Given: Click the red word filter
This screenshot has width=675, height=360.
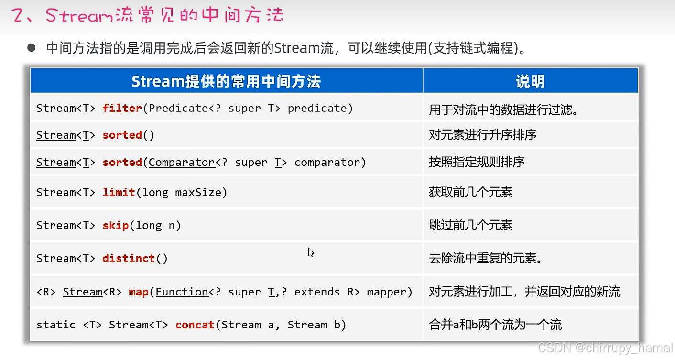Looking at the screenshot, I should [x=122, y=108].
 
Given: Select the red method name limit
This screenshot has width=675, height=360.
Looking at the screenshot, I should [x=119, y=192].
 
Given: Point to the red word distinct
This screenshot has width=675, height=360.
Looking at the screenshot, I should [x=129, y=258].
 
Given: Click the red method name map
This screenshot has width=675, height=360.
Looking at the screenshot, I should [x=138, y=292].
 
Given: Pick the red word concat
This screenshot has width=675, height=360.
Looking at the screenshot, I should [x=195, y=325].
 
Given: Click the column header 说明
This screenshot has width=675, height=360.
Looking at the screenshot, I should [x=530, y=82].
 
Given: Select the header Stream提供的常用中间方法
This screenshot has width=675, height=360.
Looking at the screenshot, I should [x=226, y=82].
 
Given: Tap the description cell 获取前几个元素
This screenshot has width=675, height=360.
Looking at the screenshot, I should [x=470, y=192].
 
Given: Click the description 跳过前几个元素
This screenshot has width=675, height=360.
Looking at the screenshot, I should [x=470, y=225].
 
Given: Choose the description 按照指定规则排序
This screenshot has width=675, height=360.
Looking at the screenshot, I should [x=477, y=162].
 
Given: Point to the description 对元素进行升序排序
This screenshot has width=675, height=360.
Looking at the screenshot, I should [x=483, y=135].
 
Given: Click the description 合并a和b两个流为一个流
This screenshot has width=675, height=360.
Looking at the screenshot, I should [x=495, y=325].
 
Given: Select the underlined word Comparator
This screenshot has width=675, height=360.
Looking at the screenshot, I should [x=182, y=163].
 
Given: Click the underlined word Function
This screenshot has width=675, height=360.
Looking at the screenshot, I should [x=182, y=292].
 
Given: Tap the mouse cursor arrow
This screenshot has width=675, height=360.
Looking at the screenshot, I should [x=311, y=252].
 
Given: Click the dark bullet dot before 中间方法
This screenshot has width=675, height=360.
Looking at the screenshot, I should [x=32, y=48].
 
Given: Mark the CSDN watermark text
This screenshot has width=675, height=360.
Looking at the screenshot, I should [x=604, y=348].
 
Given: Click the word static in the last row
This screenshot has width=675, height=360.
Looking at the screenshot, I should [x=56, y=325].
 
